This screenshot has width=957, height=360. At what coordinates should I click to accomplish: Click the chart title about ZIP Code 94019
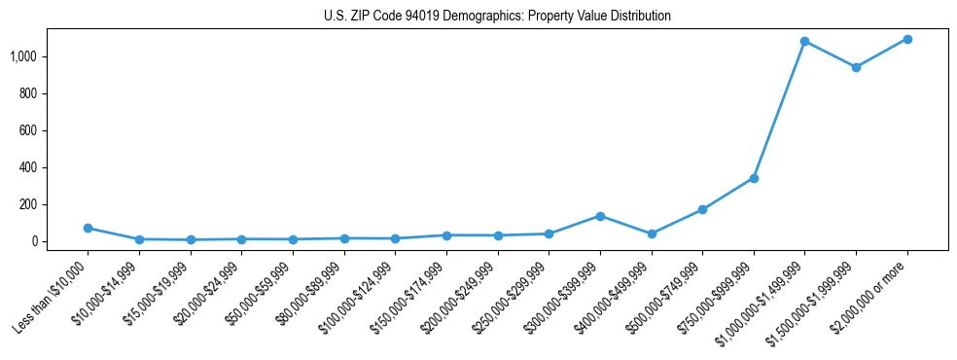pyautogui.click(x=497, y=17)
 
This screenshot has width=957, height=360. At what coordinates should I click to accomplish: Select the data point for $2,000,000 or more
pyautogui.click(x=906, y=39)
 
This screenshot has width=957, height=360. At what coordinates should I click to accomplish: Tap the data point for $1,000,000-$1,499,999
pyautogui.click(x=804, y=42)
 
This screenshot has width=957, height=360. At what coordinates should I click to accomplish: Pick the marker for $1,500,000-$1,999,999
pyautogui.click(x=856, y=67)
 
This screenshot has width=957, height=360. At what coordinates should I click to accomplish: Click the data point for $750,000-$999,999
pyautogui.click(x=754, y=178)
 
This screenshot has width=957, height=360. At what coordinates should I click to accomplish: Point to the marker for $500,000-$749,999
pyautogui.click(x=702, y=209)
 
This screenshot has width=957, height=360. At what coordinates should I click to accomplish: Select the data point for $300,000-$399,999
pyautogui.click(x=600, y=216)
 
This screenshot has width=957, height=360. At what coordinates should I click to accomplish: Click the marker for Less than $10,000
pyautogui.click(x=88, y=228)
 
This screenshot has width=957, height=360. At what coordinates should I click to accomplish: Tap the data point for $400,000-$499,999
pyautogui.click(x=652, y=234)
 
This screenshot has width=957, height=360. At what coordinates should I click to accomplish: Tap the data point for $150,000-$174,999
pyautogui.click(x=446, y=235)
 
